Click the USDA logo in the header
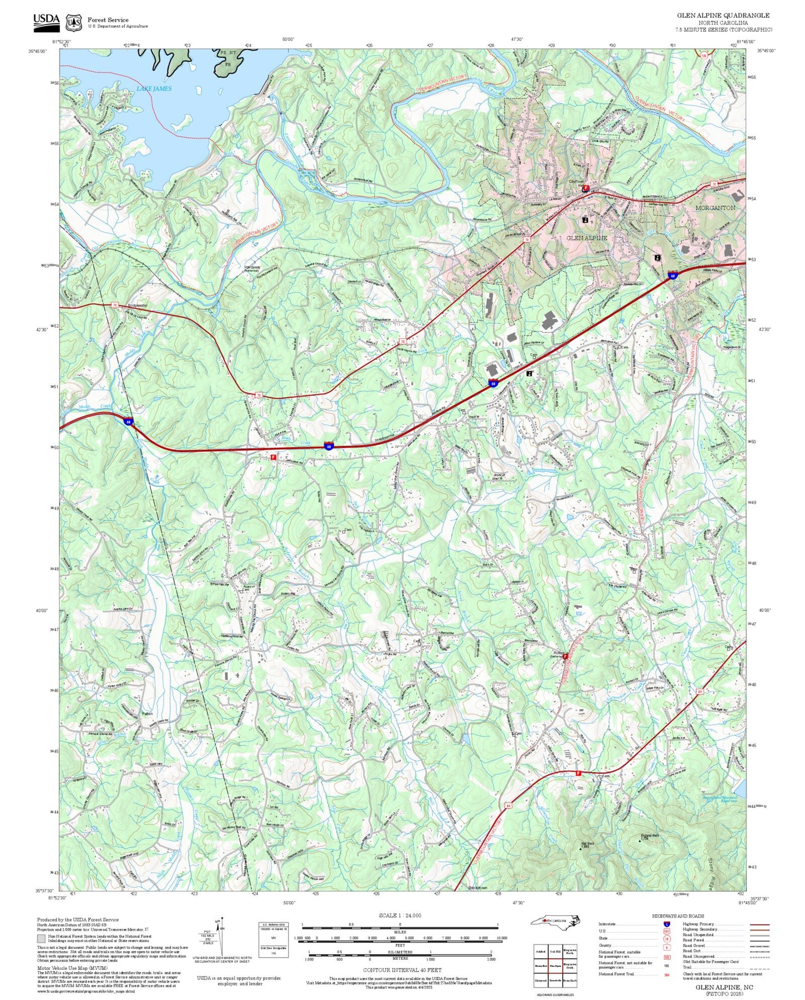pos(46,21)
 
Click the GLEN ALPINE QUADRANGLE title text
pos(723,16)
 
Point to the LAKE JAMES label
pos(154,89)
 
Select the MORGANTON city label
pos(715,207)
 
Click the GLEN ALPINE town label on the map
pos(587,238)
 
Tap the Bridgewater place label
pos(138,305)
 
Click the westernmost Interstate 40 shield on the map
pos(129,422)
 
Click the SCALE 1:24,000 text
pos(400,915)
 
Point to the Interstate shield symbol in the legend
pos(666,924)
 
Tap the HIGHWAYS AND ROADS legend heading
pos(678,916)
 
